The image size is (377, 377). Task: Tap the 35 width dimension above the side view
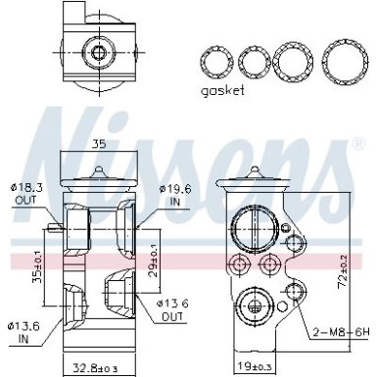(x=98, y=143)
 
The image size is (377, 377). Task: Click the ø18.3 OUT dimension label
(x=27, y=191)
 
